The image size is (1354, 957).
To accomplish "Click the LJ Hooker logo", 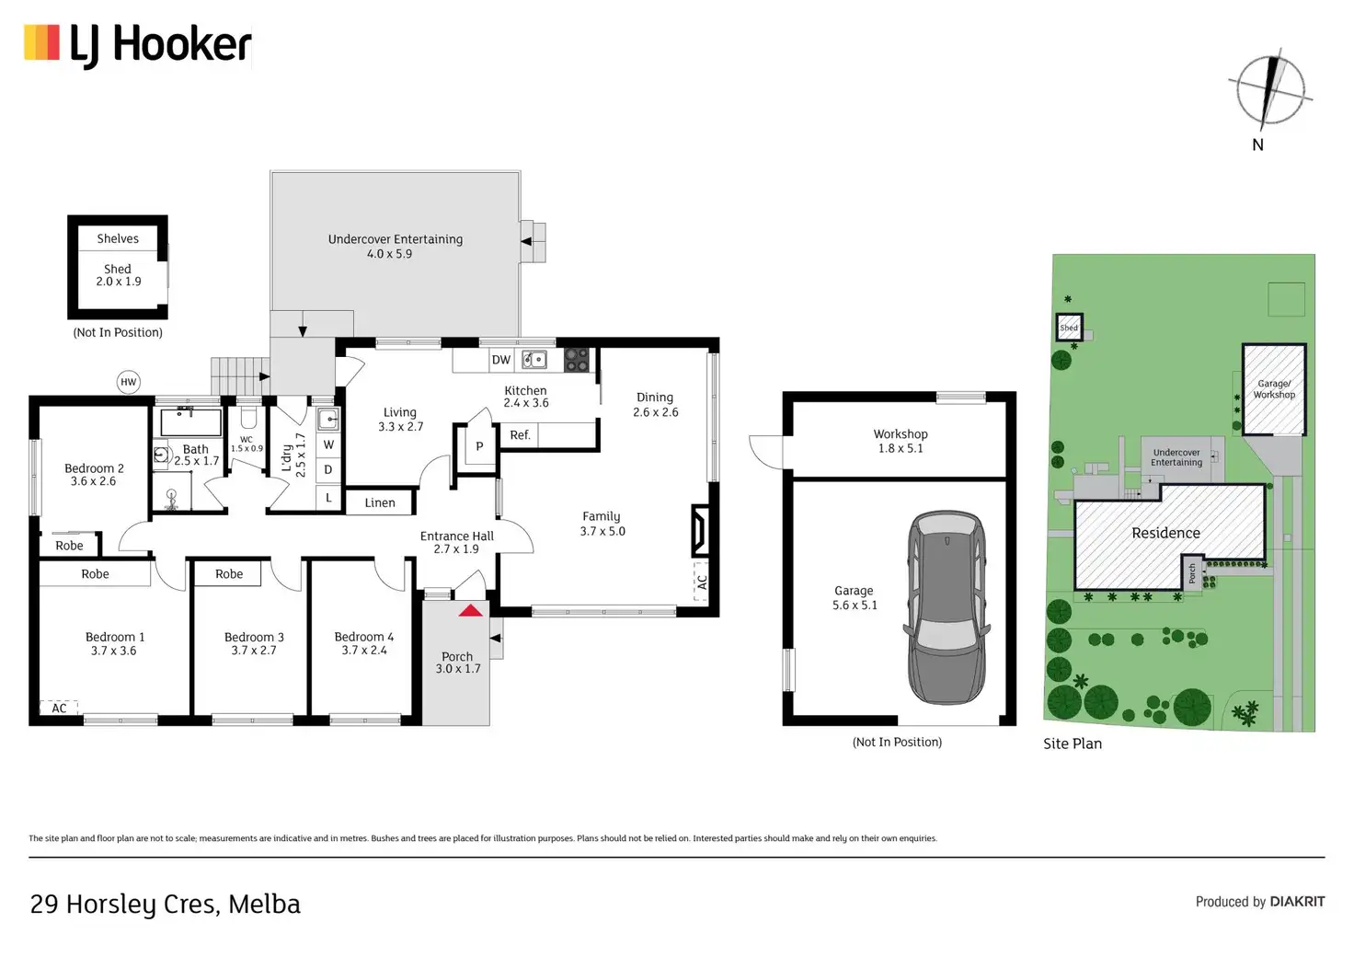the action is (x=138, y=45).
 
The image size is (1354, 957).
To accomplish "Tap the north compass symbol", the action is (x=1270, y=90).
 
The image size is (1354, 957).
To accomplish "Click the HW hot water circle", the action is (x=128, y=382).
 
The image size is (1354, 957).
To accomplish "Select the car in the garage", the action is (x=947, y=607).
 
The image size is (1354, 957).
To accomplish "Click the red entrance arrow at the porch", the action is (x=471, y=610).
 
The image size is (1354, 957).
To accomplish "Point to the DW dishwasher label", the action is (x=501, y=360).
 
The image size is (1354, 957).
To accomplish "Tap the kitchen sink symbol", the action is (x=534, y=360).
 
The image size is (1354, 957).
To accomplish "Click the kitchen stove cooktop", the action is (x=577, y=360).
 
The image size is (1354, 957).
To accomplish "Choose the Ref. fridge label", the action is (x=520, y=435).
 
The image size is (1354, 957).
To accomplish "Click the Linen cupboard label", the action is (x=380, y=502).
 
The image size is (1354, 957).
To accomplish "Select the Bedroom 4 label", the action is (x=364, y=643).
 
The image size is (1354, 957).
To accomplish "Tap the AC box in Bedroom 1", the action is (x=59, y=708).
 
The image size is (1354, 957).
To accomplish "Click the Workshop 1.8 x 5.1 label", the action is (x=901, y=441).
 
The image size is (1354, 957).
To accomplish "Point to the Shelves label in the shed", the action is (x=118, y=238).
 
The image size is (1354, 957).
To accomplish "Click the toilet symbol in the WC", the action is (x=247, y=418).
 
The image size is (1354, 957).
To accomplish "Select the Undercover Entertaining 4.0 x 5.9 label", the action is (x=396, y=246).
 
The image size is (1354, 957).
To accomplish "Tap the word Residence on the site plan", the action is (x=1165, y=533).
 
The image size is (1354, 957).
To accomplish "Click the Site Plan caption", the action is (x=1073, y=744).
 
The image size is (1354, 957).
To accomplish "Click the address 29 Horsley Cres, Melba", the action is (x=166, y=905).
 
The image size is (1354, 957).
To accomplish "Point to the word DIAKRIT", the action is (x=1297, y=902).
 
